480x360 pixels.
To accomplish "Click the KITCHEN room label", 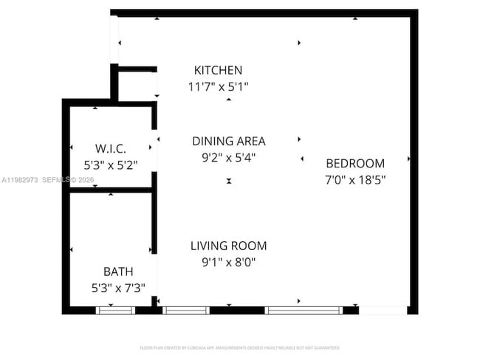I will (x=218, y=71).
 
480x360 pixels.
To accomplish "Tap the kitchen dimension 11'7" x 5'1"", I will (x=218, y=87).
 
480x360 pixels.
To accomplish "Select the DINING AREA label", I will (x=228, y=141).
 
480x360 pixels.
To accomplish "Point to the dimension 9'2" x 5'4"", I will (x=228, y=157).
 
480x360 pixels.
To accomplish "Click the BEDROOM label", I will (x=355, y=164).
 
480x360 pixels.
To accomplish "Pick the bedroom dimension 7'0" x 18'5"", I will (x=355, y=179).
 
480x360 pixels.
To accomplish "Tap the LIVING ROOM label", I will (x=228, y=246).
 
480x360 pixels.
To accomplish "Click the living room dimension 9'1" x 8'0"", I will (x=228, y=262).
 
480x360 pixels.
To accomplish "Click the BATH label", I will (x=118, y=271).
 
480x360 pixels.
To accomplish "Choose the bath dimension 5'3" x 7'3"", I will (x=118, y=288).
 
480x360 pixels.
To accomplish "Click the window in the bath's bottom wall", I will (x=115, y=310).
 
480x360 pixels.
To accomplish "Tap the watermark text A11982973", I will (x=20, y=179).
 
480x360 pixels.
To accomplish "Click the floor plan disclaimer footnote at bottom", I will (x=239, y=347).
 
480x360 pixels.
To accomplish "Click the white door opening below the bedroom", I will (x=382, y=310).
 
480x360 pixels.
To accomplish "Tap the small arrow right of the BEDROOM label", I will (x=408, y=159).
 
